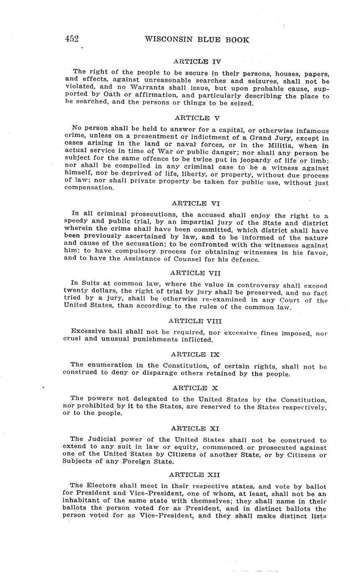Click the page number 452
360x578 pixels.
click(72, 39)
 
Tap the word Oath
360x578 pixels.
click(100, 96)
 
